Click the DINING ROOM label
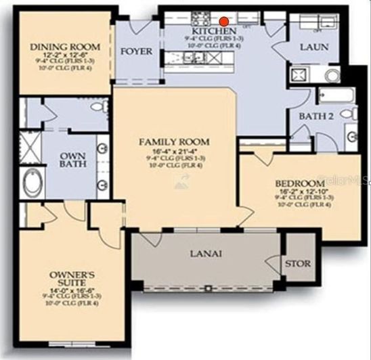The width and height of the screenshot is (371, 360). click(x=66, y=47)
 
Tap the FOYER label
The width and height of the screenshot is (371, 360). click(x=136, y=51)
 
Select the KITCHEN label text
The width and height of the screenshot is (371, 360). click(x=214, y=32)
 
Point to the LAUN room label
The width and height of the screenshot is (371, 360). click(x=314, y=47)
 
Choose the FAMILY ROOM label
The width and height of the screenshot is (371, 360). click(x=174, y=141)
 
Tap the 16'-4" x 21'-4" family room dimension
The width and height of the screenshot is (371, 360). click(x=174, y=151)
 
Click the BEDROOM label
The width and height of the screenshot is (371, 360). click(x=300, y=183)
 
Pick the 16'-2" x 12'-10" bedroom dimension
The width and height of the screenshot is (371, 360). click(x=301, y=192)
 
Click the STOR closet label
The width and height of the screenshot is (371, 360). click(x=298, y=263)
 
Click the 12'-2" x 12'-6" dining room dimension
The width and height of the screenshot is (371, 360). click(x=66, y=56)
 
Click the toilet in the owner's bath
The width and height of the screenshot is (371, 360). click(x=96, y=107)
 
